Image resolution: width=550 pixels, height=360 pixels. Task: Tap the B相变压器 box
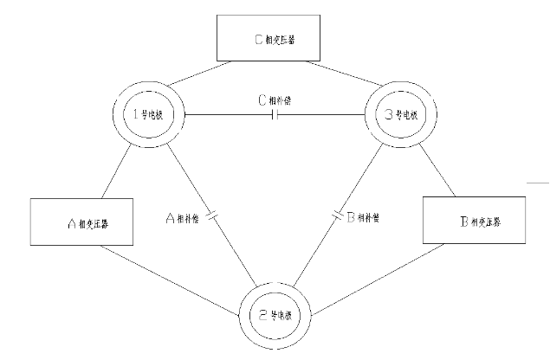click(475, 221)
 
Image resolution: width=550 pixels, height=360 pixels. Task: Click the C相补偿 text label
click(275, 99)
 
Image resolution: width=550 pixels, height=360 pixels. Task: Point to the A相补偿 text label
click(182, 219)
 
